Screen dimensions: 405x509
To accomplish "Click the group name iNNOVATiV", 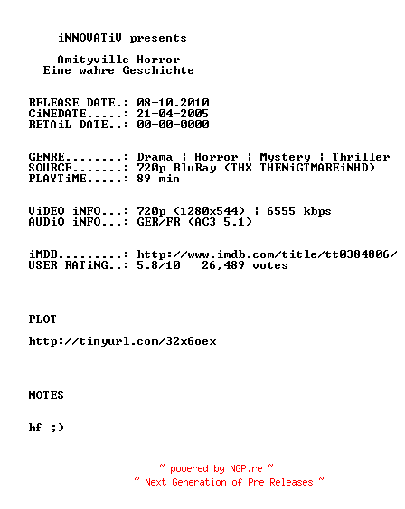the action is coord(90,38).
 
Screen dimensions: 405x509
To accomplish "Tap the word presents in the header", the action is coord(158,39).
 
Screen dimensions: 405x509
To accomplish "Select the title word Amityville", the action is coord(93,60).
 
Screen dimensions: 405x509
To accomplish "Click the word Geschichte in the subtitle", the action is coord(158,70).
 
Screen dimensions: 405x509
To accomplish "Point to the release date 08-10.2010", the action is coord(173,103).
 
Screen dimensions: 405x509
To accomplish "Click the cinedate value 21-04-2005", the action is coord(173,114).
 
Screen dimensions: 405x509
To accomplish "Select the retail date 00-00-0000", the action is coord(173,125).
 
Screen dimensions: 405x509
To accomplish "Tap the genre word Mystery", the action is coord(285,157).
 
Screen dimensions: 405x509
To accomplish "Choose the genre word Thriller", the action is coord(361,157).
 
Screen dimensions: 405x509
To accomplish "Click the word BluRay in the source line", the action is coord(194,168).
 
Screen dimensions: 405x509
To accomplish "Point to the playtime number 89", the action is coord(144,179).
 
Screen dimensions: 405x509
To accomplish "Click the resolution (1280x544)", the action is coord(210,211).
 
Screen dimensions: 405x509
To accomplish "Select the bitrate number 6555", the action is coord(281,211).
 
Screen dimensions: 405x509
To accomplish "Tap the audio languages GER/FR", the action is coord(158,222).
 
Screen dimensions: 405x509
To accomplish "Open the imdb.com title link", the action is coord(267,255).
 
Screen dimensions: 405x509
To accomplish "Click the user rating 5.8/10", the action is coord(158,265).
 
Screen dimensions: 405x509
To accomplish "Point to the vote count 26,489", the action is coord(223,265).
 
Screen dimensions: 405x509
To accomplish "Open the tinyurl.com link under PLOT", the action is coord(123,341).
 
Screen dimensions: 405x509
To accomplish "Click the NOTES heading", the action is coord(46,395).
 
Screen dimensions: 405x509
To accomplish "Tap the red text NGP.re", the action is coord(246,468).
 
